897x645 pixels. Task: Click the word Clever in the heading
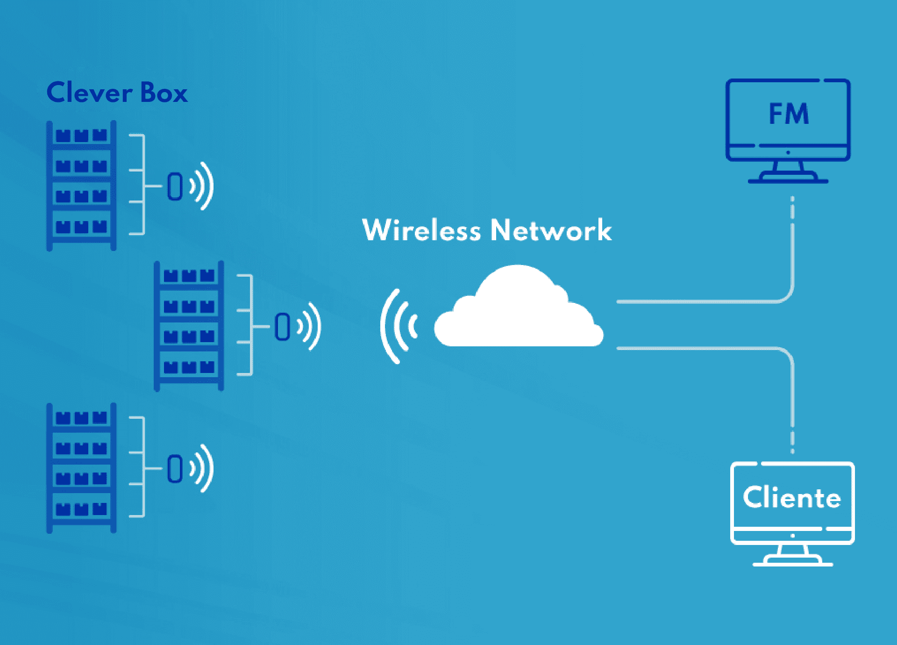tap(89, 93)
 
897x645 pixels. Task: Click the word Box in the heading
tap(164, 93)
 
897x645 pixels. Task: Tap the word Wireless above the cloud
tap(421, 230)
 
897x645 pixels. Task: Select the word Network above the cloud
tap(551, 230)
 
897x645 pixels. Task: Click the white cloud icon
tap(519, 313)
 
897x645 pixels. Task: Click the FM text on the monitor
tap(789, 114)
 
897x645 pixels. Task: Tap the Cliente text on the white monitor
tap(792, 497)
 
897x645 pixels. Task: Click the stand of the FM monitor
tap(788, 173)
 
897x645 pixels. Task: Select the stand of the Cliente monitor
tap(792, 556)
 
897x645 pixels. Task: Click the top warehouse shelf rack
tap(81, 186)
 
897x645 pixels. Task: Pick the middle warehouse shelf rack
tap(189, 326)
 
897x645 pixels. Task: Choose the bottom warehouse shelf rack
tap(81, 467)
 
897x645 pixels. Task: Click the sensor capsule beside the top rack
tap(175, 186)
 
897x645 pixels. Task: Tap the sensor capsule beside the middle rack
tap(283, 326)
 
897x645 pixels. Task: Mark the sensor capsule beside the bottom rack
tap(175, 468)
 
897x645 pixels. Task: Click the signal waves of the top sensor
tap(203, 186)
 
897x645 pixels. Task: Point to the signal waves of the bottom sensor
tap(203, 468)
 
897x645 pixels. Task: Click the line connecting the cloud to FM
tap(701, 302)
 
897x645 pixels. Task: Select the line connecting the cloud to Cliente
tap(701, 348)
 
